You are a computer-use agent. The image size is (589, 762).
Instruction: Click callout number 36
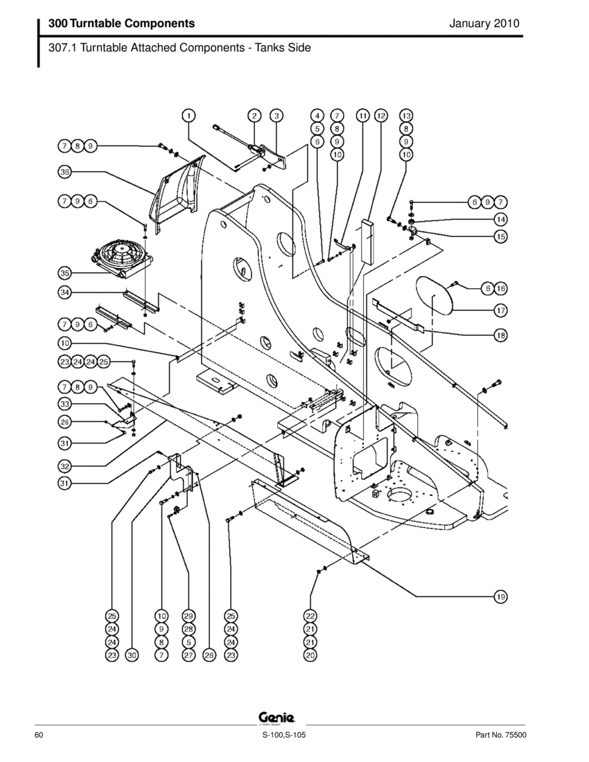64,171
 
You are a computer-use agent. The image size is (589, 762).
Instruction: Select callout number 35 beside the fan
64,272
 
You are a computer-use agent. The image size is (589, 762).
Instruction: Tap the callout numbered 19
500,596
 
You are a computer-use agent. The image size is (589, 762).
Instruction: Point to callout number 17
500,310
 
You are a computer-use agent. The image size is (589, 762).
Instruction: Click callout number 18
500,335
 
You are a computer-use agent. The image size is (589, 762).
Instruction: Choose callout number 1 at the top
188,116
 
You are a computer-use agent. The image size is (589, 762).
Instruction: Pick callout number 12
381,116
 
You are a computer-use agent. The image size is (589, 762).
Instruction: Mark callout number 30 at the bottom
132,655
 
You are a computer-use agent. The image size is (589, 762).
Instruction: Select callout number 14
500,219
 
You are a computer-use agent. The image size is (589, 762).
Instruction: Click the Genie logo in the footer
277,717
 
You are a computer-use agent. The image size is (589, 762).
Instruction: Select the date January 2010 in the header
484,24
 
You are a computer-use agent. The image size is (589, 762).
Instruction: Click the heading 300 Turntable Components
121,24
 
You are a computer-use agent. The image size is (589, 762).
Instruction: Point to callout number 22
310,615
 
